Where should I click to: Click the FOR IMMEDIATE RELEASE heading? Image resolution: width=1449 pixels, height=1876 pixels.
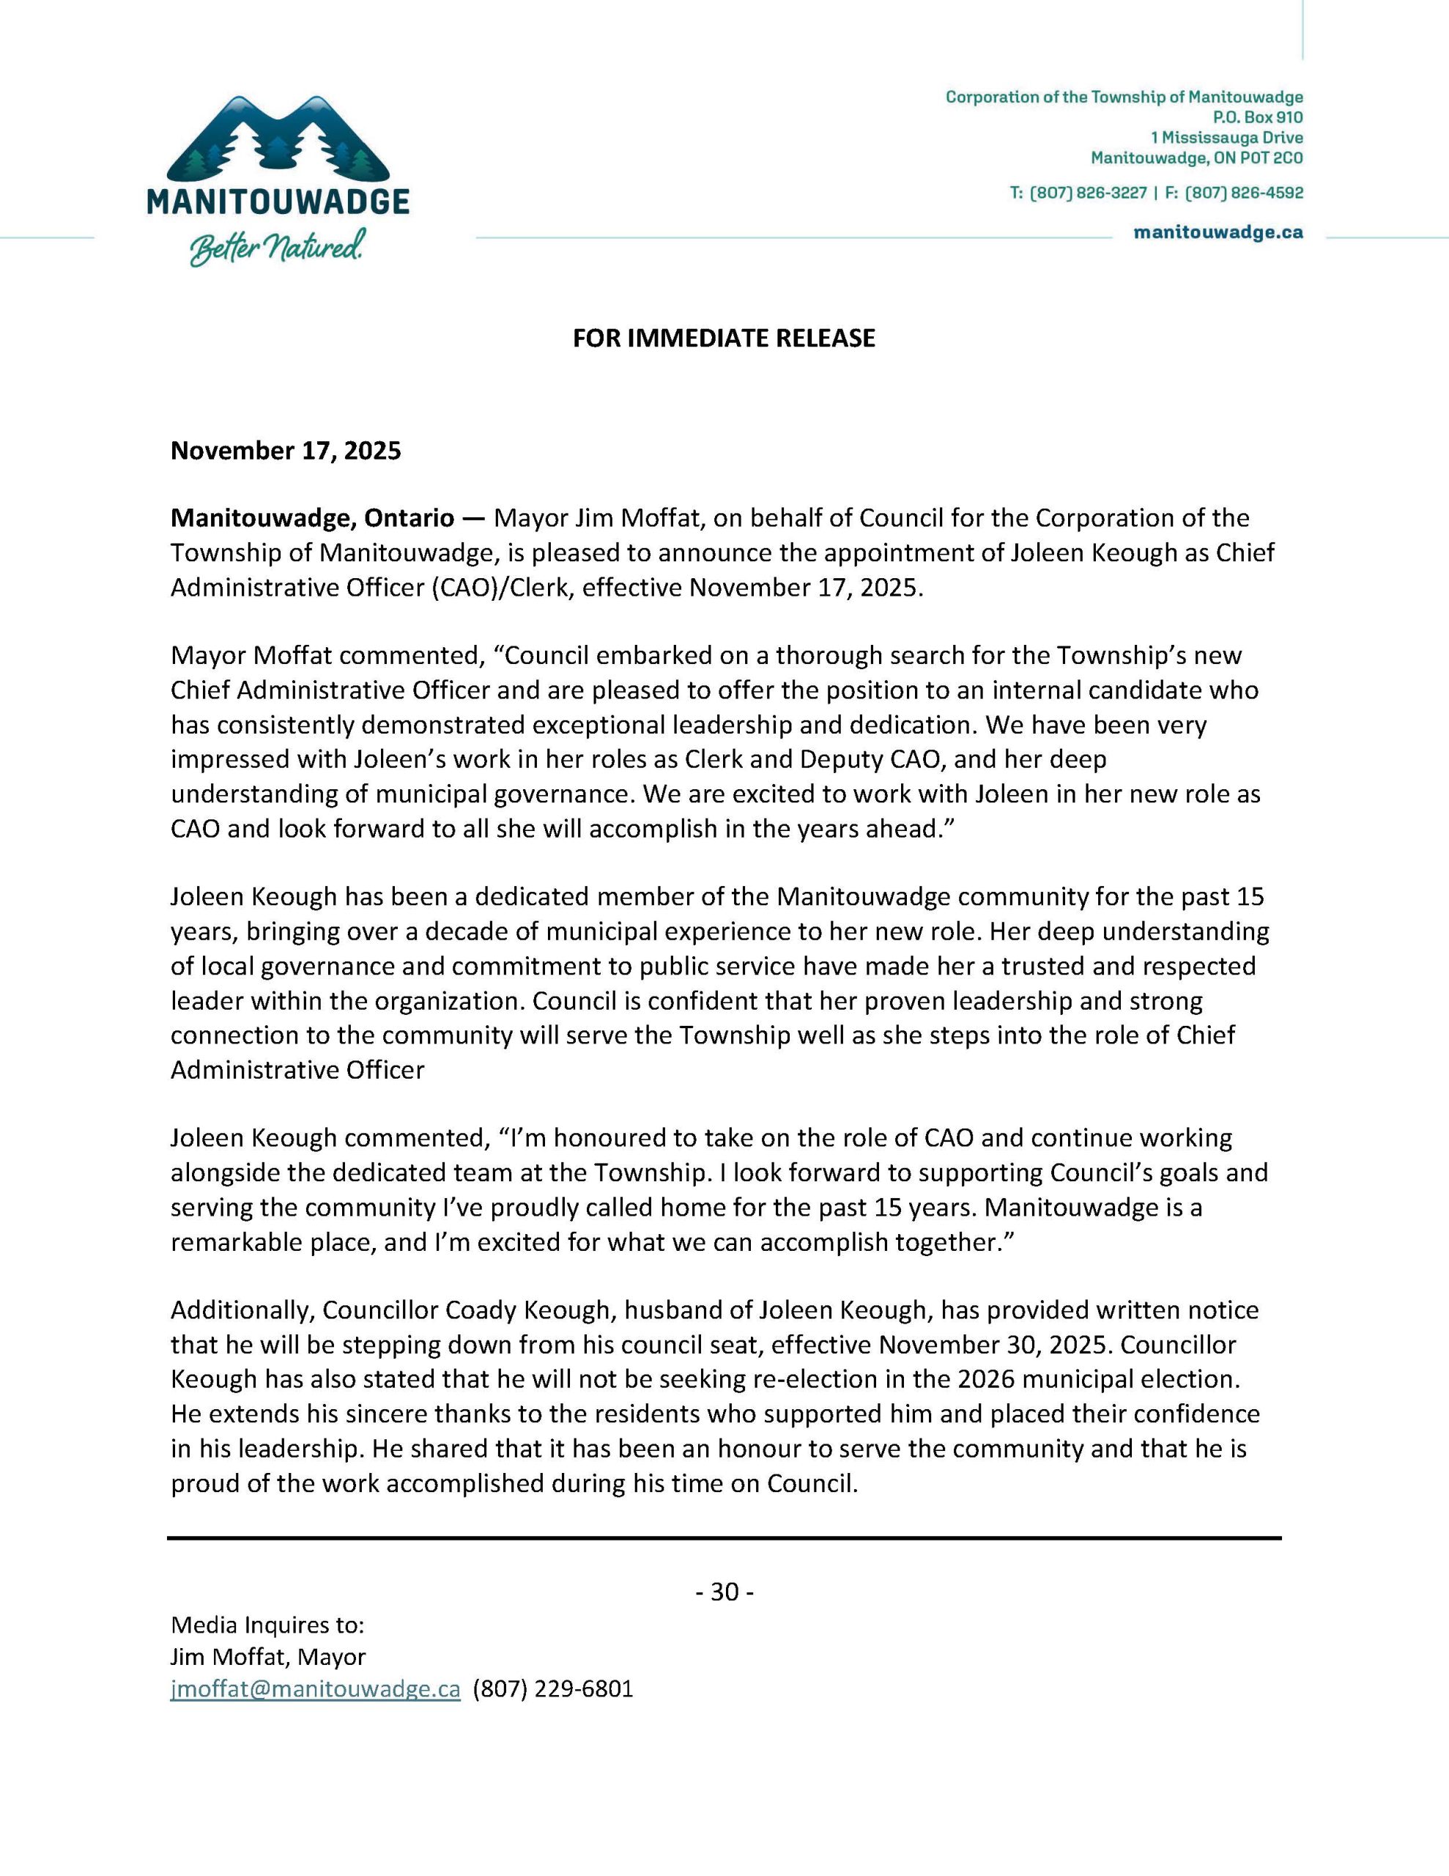click(x=724, y=339)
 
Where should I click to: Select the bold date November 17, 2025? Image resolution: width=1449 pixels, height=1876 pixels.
click(x=285, y=451)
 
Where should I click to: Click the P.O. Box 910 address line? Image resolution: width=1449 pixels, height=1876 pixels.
click(x=1258, y=118)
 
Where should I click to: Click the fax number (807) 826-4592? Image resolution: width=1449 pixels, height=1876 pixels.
click(x=1244, y=193)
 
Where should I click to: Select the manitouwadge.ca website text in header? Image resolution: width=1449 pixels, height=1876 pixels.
click(x=1218, y=233)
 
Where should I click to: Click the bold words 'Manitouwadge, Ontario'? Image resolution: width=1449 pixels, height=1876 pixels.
click(x=312, y=519)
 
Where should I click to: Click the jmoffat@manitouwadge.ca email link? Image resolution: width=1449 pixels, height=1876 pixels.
click(x=315, y=1688)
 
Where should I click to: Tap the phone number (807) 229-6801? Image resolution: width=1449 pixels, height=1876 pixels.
click(x=553, y=1688)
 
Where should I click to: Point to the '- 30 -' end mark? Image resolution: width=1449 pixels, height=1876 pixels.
click(x=724, y=1592)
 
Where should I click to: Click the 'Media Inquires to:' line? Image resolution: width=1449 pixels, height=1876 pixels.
click(x=268, y=1625)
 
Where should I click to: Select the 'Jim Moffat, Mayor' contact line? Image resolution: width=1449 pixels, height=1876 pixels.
click(x=268, y=1657)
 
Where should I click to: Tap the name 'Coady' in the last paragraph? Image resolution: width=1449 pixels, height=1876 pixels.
click(x=480, y=1310)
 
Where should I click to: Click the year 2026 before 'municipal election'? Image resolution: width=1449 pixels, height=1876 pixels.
click(x=990, y=1379)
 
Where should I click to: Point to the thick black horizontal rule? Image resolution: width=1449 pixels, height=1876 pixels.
click(x=724, y=1537)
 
